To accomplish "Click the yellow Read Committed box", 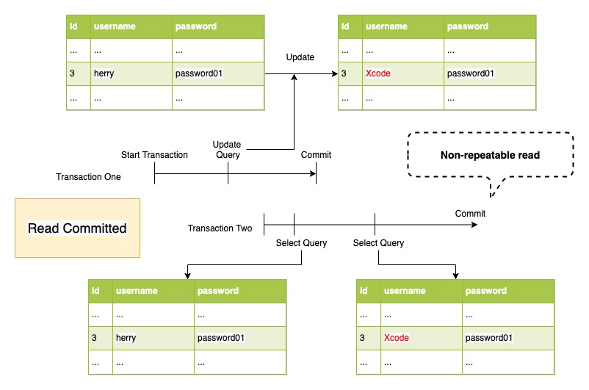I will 77,228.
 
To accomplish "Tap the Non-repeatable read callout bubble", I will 490,155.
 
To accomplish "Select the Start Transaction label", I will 154,155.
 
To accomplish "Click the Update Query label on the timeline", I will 227,150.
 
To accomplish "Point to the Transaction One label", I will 88,177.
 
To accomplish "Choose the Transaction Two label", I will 220,228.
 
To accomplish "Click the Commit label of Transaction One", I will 316,155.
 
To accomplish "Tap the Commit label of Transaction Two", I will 470,214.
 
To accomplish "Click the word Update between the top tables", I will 300,57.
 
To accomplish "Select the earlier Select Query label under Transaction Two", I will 301,243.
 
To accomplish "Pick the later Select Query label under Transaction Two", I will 378,243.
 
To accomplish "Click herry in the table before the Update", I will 104,74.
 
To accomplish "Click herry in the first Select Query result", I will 126,338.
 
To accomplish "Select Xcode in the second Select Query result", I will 396,338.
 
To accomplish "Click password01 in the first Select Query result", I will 220,338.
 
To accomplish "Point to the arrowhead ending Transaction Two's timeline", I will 474,224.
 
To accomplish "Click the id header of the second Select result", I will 363,291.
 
